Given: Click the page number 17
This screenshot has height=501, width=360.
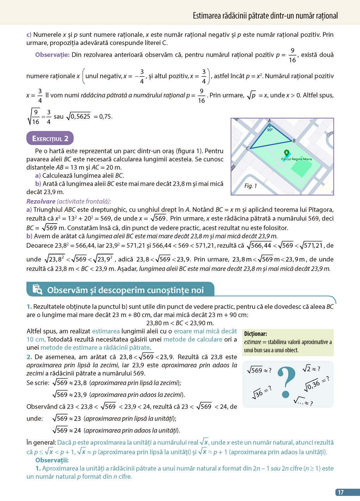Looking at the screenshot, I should click(341, 492).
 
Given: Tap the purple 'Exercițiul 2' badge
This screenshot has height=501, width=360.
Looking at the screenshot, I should click(50, 138).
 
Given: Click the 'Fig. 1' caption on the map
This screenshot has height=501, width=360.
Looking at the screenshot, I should click(251, 186).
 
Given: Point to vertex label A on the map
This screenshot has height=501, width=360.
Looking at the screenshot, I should click(269, 121).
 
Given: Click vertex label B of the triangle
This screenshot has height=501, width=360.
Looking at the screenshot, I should click(294, 141).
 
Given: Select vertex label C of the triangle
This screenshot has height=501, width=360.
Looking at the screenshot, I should click(247, 148).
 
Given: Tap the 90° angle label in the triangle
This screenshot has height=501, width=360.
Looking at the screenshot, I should click(270, 129).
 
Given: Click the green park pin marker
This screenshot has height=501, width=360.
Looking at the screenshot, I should click(287, 153).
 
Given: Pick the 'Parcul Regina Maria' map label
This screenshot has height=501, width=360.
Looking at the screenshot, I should click(296, 159).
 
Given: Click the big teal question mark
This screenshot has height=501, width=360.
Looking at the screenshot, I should click(287, 382).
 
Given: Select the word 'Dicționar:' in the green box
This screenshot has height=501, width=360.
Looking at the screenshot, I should click(256, 334).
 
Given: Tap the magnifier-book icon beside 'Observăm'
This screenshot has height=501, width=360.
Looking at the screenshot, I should click(37, 290).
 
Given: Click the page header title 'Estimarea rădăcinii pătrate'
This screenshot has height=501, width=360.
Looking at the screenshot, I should click(265, 15).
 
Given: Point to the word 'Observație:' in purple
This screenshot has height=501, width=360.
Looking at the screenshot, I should click(52, 55).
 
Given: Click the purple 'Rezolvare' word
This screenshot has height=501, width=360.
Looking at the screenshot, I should click(41, 201).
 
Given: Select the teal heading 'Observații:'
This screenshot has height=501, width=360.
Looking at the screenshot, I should click(52, 460).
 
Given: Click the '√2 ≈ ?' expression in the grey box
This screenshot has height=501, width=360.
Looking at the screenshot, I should click(311, 369).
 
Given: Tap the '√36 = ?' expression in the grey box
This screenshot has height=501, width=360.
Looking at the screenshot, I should click(262, 392).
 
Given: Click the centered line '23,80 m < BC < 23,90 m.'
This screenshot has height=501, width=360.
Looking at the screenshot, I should click(180, 323).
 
